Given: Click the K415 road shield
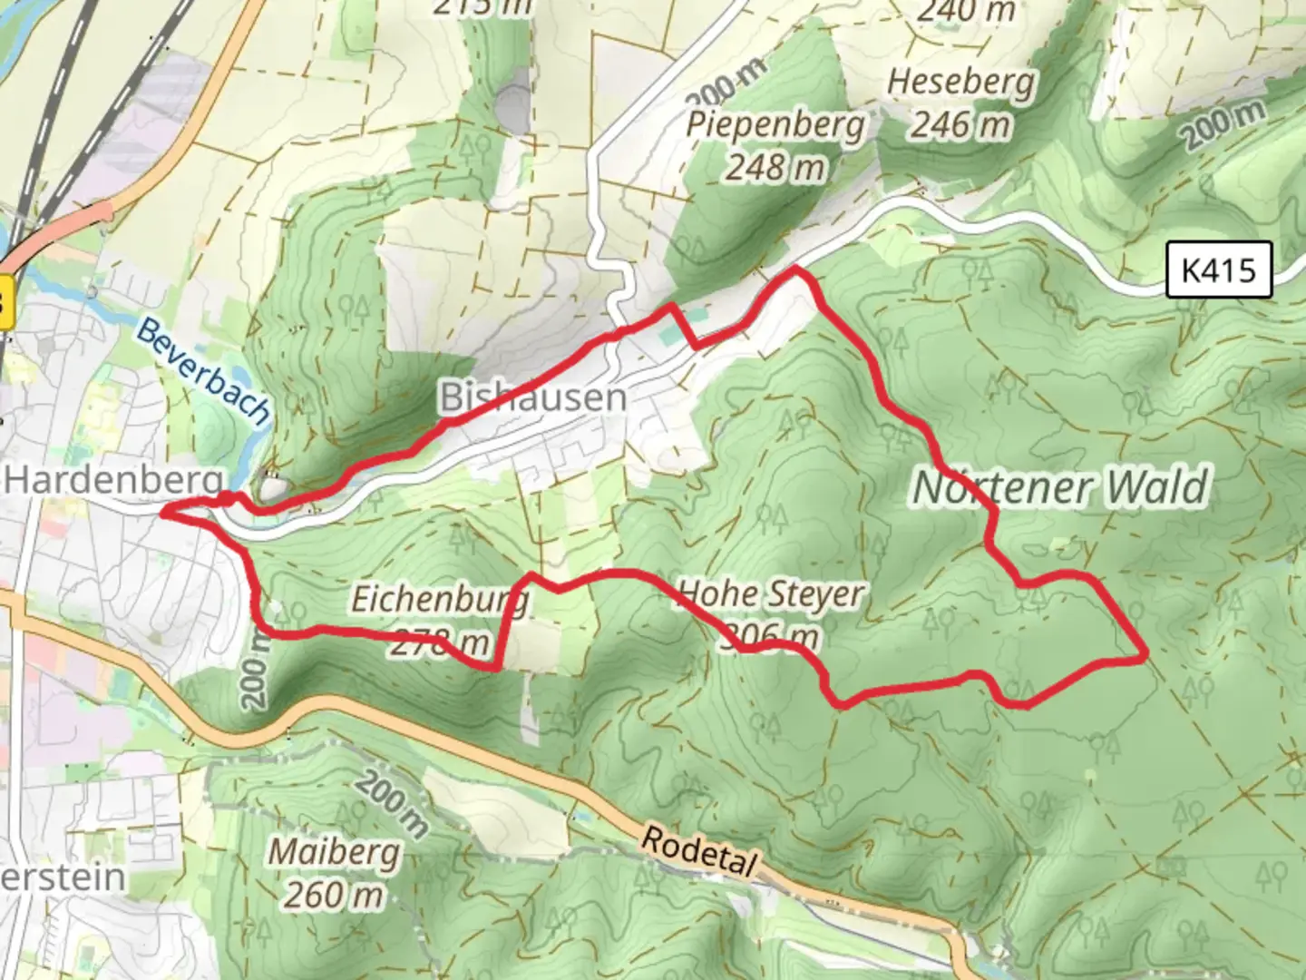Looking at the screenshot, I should pyautogui.click(x=1219, y=269).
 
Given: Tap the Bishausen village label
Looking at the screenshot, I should pyautogui.click(x=532, y=397).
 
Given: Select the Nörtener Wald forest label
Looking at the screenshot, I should pyautogui.click(x=1060, y=487).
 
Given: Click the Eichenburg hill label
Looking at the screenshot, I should pyautogui.click(x=439, y=600).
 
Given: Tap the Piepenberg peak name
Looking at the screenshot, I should pyautogui.click(x=775, y=124).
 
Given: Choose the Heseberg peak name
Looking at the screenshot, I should pyautogui.click(x=960, y=82).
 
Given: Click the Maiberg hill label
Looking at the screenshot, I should pyautogui.click(x=334, y=852).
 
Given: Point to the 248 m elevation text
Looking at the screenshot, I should pyautogui.click(x=775, y=167).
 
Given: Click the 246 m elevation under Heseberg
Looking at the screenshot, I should pyautogui.click(x=960, y=124).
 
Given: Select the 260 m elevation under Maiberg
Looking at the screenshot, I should pyautogui.click(x=334, y=896).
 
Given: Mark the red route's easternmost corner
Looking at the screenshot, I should pyautogui.click(x=1145, y=652).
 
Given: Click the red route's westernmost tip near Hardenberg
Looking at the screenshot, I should pyautogui.click(x=164, y=514).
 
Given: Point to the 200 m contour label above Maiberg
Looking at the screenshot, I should pyautogui.click(x=392, y=803).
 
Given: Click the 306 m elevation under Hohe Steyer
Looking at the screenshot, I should pyautogui.click(x=771, y=638).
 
